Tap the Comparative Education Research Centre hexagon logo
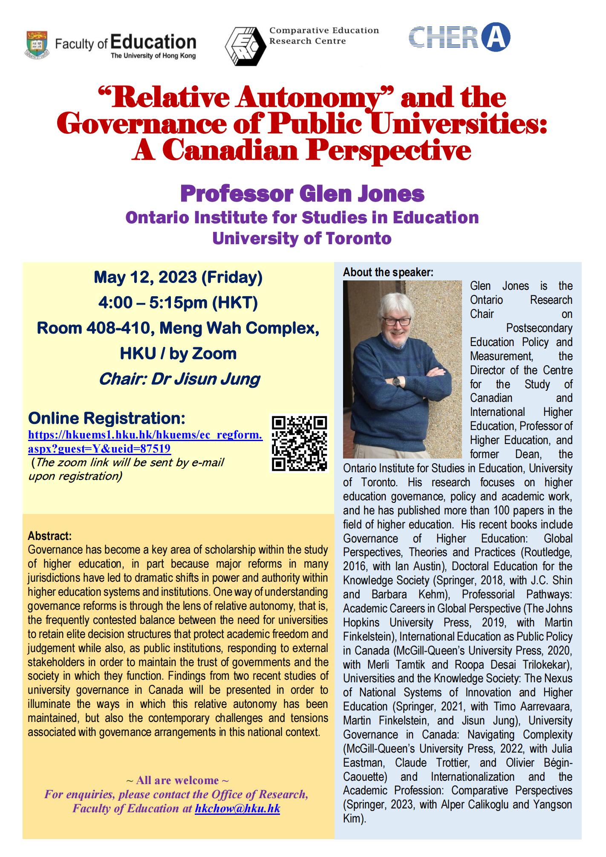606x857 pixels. point(245,46)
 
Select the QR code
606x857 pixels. point(300,443)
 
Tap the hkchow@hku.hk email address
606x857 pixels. point(237,808)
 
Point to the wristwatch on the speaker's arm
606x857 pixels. point(396,381)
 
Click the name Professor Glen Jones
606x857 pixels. point(302,194)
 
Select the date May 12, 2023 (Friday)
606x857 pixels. point(178,277)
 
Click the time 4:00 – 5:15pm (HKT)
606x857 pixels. point(178,303)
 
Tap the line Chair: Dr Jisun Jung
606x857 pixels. point(179,378)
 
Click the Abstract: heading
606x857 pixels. point(49,535)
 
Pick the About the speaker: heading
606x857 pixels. point(388,272)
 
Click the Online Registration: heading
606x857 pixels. point(106,418)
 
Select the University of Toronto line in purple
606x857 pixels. point(302,238)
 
